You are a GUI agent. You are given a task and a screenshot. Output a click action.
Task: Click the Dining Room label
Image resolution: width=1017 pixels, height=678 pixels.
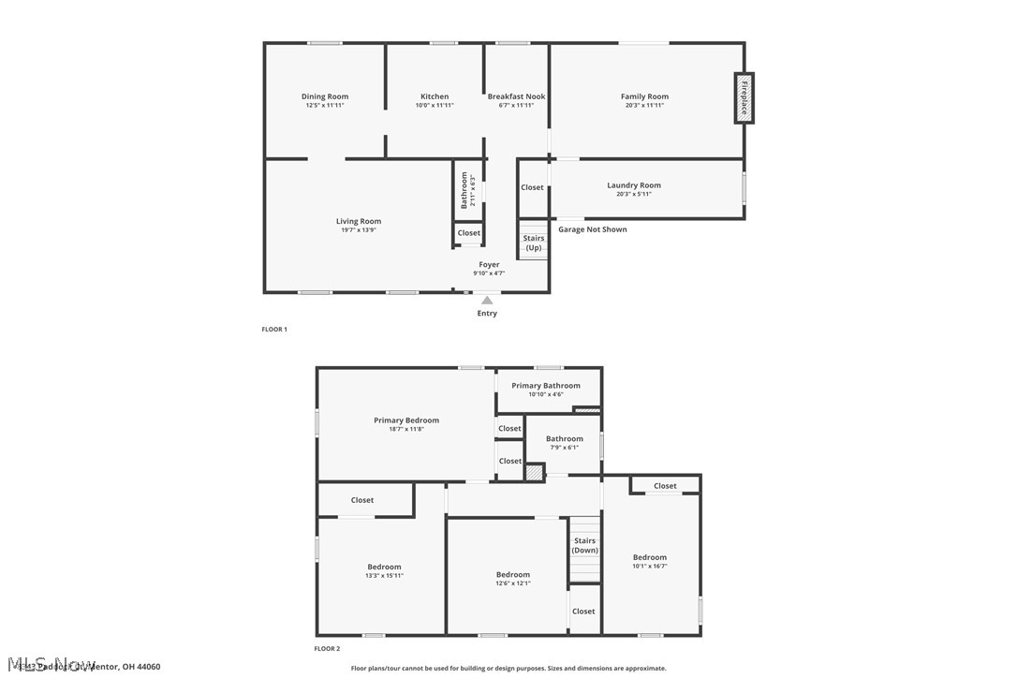pyautogui.click(x=325, y=96)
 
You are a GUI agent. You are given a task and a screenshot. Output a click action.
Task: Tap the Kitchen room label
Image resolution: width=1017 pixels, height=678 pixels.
pyautogui.click(x=435, y=96)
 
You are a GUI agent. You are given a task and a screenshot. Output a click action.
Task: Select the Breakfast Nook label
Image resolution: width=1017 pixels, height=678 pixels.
pyautogui.click(x=516, y=96)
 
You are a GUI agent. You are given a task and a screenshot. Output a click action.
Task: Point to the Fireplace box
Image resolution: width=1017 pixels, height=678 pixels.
pyautogui.click(x=744, y=97)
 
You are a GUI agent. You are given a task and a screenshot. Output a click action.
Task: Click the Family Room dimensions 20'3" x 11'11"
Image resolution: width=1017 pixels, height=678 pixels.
pyautogui.click(x=644, y=106)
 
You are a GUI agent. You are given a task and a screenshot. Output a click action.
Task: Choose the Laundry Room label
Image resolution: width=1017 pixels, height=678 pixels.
pyautogui.click(x=634, y=185)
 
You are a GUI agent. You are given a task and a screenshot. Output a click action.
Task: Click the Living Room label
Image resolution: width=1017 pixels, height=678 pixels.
pyautogui.click(x=359, y=222)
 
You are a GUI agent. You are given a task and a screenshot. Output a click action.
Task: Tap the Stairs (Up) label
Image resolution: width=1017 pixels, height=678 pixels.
pyautogui.click(x=534, y=243)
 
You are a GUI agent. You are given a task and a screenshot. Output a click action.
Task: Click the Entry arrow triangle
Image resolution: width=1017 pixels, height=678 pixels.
pyautogui.click(x=487, y=301)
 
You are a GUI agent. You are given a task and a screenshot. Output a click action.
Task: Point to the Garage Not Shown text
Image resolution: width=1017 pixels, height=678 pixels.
pyautogui.click(x=593, y=229)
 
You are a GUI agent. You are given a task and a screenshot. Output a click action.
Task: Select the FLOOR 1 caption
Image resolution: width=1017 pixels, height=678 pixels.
pyautogui.click(x=274, y=330)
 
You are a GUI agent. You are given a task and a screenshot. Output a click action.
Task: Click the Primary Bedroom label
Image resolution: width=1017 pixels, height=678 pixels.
pyautogui.click(x=406, y=420)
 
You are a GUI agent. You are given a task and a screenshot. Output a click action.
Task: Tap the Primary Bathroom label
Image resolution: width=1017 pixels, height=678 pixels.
pyautogui.click(x=546, y=386)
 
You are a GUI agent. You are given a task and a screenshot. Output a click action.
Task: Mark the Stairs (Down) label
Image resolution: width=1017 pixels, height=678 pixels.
pyautogui.click(x=585, y=545)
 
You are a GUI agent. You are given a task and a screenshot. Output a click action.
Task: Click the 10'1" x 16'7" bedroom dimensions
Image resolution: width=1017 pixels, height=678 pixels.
pyautogui.click(x=650, y=567)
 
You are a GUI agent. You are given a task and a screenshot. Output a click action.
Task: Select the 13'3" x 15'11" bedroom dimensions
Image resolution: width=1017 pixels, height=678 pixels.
pyautogui.click(x=384, y=576)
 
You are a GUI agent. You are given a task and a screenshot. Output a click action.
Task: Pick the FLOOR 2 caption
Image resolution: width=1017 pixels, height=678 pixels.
pyautogui.click(x=327, y=648)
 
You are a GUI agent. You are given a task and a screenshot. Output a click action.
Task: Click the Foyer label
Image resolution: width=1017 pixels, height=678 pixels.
pyautogui.click(x=489, y=265)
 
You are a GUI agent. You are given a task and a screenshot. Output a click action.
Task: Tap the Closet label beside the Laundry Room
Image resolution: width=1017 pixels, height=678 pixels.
pyautogui.click(x=532, y=187)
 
